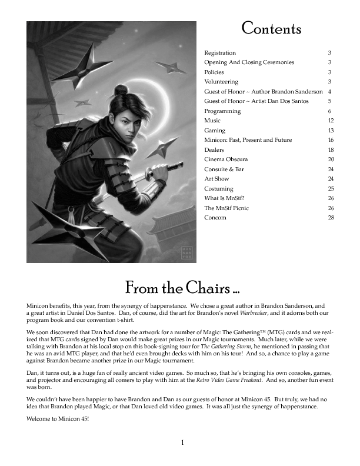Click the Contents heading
point(271,28)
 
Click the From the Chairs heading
point(182,289)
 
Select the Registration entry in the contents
point(220,53)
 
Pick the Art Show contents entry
point(216,179)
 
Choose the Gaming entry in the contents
point(215,131)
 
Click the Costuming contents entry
point(219,189)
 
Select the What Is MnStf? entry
point(224,198)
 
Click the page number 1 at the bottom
point(183,442)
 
